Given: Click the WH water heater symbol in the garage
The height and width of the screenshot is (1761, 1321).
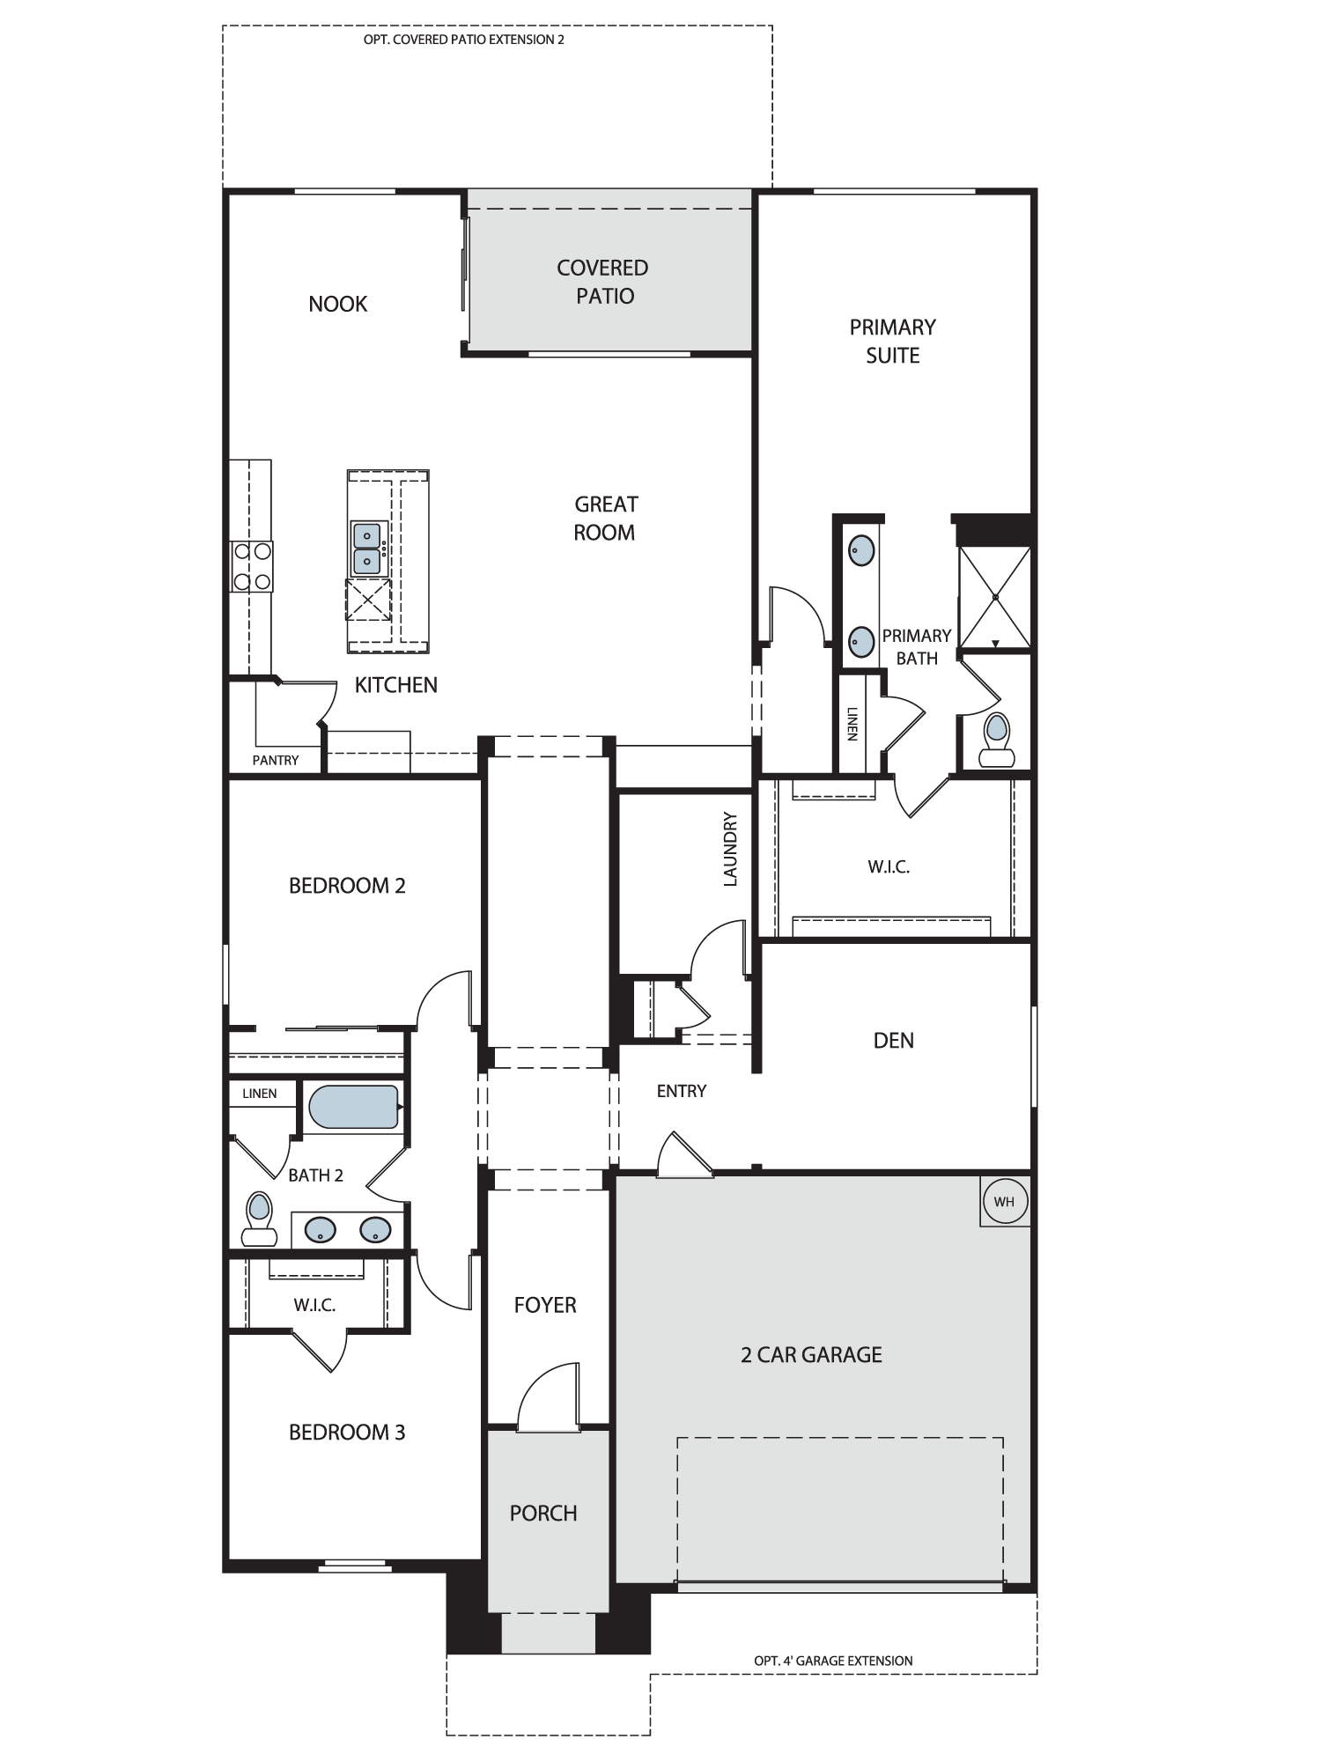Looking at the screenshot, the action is coord(1005,1202).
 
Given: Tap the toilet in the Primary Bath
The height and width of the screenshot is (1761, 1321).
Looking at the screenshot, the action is coord(997,740).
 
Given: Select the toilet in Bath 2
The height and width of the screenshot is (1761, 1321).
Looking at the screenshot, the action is coord(259,1219).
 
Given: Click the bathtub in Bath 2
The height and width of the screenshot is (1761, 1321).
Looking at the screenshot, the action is coord(355,1107).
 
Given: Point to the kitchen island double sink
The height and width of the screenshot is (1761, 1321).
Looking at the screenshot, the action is coord(367,548).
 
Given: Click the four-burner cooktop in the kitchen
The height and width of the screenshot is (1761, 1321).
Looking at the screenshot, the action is coord(251,566).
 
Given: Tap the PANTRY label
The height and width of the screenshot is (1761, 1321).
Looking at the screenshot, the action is coord(276,760).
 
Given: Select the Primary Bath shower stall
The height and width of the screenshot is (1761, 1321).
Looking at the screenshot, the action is coord(994,597).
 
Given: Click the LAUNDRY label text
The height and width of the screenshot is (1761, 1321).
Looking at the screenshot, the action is coord(730,849).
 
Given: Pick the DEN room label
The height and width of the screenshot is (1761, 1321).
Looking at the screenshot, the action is coord(894,1041).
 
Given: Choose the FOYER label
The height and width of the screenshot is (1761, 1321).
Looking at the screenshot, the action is coord(545,1305).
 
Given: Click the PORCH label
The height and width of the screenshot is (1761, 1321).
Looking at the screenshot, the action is coord(543,1513).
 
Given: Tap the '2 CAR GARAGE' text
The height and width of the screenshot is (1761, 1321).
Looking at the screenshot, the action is coord(811,1354).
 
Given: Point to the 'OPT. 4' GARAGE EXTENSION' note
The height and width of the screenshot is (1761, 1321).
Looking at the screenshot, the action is coord(833,1661).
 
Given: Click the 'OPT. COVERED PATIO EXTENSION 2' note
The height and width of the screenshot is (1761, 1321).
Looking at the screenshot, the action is coord(464,40).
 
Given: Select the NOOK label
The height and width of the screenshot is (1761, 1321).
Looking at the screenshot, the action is coord(338,304).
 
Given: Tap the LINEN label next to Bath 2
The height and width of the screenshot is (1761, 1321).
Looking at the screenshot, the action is coord(260,1094).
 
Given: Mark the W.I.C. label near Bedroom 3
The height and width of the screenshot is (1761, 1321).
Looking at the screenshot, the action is coord(315,1305).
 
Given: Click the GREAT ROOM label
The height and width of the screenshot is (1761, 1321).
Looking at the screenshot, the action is coord(605,518).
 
